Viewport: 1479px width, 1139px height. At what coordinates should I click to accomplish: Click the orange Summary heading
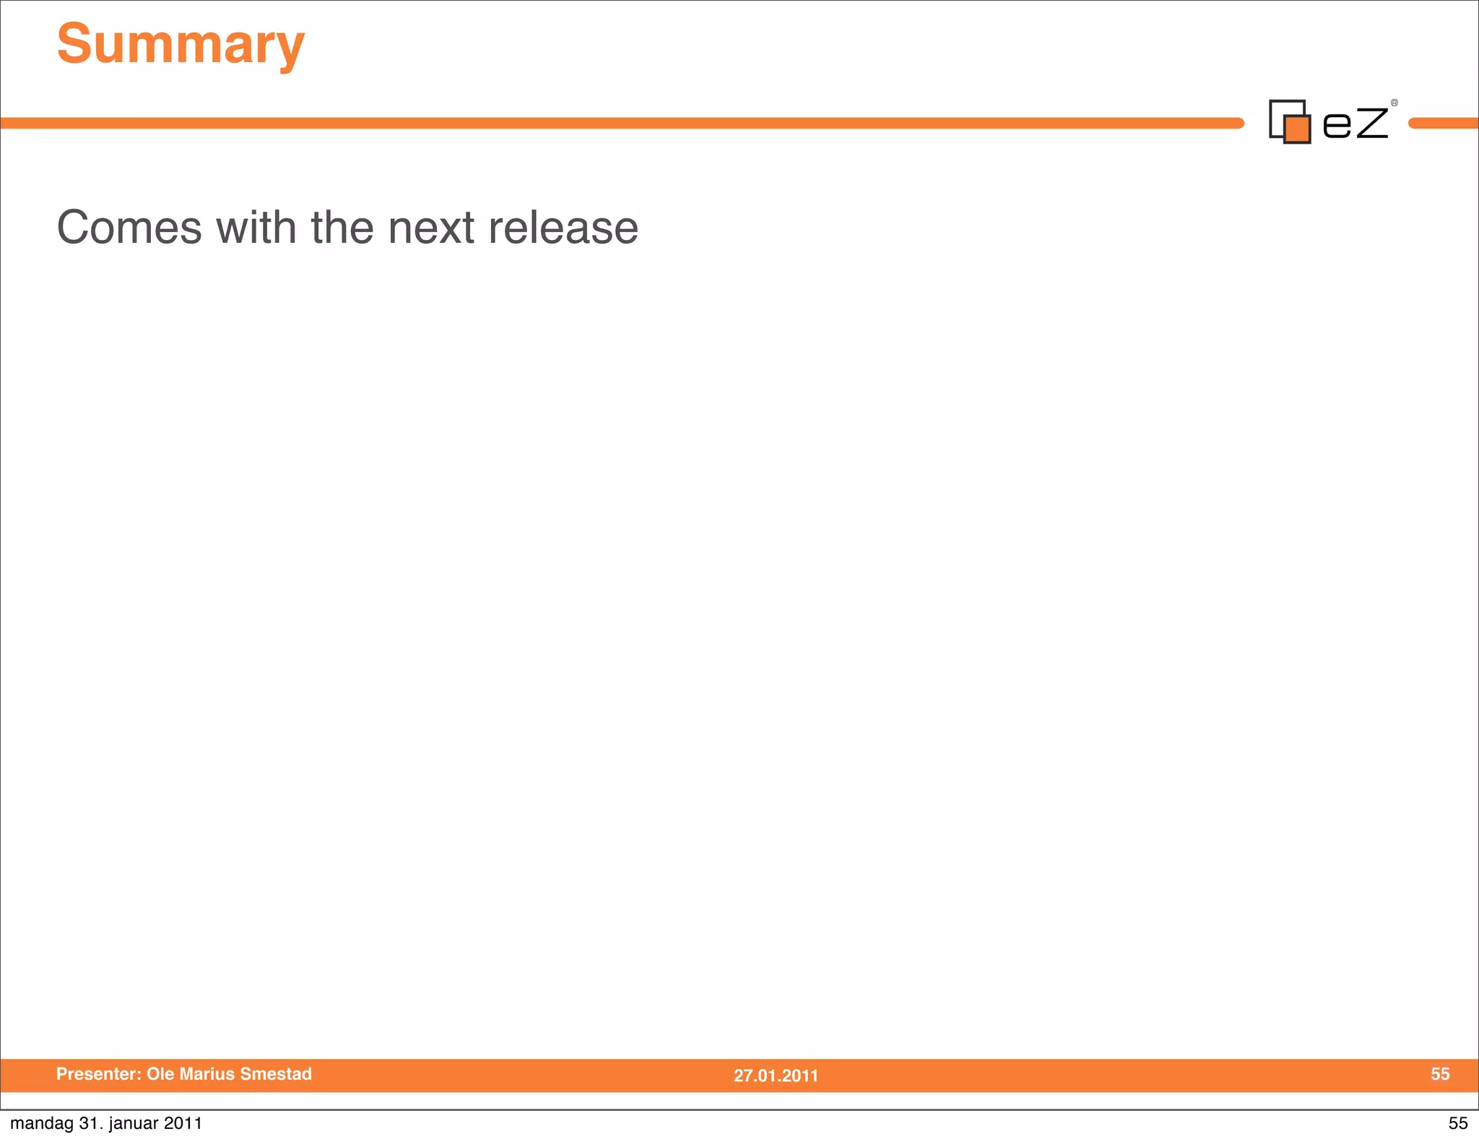pyautogui.click(x=181, y=45)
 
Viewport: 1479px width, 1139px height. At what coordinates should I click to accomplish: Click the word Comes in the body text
pyautogui.click(x=129, y=228)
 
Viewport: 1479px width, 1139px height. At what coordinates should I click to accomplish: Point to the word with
pyautogui.click(x=256, y=228)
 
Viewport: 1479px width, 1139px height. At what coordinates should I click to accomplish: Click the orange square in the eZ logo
pyautogui.click(x=1297, y=129)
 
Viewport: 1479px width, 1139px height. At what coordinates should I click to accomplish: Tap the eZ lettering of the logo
pyautogui.click(x=1355, y=123)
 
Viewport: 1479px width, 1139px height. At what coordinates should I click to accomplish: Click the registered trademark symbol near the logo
pyautogui.click(x=1395, y=103)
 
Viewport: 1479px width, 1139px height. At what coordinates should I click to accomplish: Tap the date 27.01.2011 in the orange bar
pyautogui.click(x=776, y=1075)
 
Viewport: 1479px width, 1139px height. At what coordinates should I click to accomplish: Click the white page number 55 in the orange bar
pyautogui.click(x=1440, y=1074)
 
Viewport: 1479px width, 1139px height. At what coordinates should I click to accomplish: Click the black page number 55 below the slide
pyautogui.click(x=1458, y=1123)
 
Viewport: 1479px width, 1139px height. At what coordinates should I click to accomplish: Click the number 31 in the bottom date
pyautogui.click(x=89, y=1123)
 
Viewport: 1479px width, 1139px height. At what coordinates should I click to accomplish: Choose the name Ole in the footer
pyautogui.click(x=160, y=1074)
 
